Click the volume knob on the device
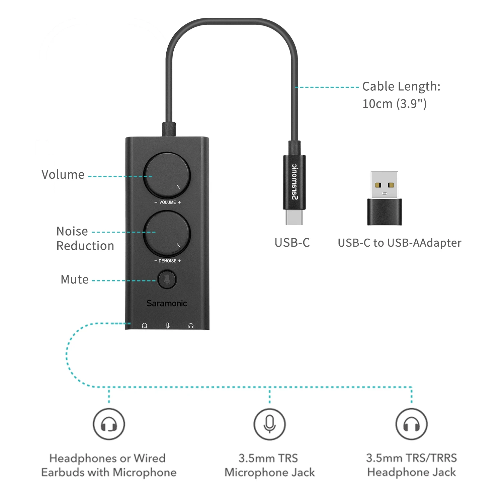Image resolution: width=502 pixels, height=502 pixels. (x=167, y=175)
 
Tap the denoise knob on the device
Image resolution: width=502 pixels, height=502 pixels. (x=167, y=234)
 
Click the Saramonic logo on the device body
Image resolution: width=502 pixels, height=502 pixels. (x=167, y=303)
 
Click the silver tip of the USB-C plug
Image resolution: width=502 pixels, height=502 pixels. (x=294, y=217)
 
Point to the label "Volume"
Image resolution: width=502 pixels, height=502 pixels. (x=63, y=175)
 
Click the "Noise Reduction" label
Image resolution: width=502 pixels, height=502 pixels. (x=85, y=238)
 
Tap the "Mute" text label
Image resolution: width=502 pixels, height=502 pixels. (x=75, y=279)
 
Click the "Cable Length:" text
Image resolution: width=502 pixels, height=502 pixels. (x=401, y=86)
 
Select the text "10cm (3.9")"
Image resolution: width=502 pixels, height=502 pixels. (x=394, y=104)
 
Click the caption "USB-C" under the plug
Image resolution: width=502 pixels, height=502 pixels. (x=292, y=243)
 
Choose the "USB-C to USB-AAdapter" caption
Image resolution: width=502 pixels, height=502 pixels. (x=400, y=243)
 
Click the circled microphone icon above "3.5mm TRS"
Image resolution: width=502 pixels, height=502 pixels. (x=269, y=424)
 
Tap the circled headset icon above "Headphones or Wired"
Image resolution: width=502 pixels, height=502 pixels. (x=109, y=424)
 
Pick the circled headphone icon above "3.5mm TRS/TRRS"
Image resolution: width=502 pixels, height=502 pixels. (x=411, y=424)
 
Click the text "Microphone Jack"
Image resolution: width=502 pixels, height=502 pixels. (x=269, y=472)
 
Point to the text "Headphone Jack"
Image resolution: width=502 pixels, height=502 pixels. (x=411, y=472)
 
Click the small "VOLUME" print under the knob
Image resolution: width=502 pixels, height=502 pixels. (x=168, y=202)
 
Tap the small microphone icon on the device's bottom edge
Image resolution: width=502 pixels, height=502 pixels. (x=168, y=325)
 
